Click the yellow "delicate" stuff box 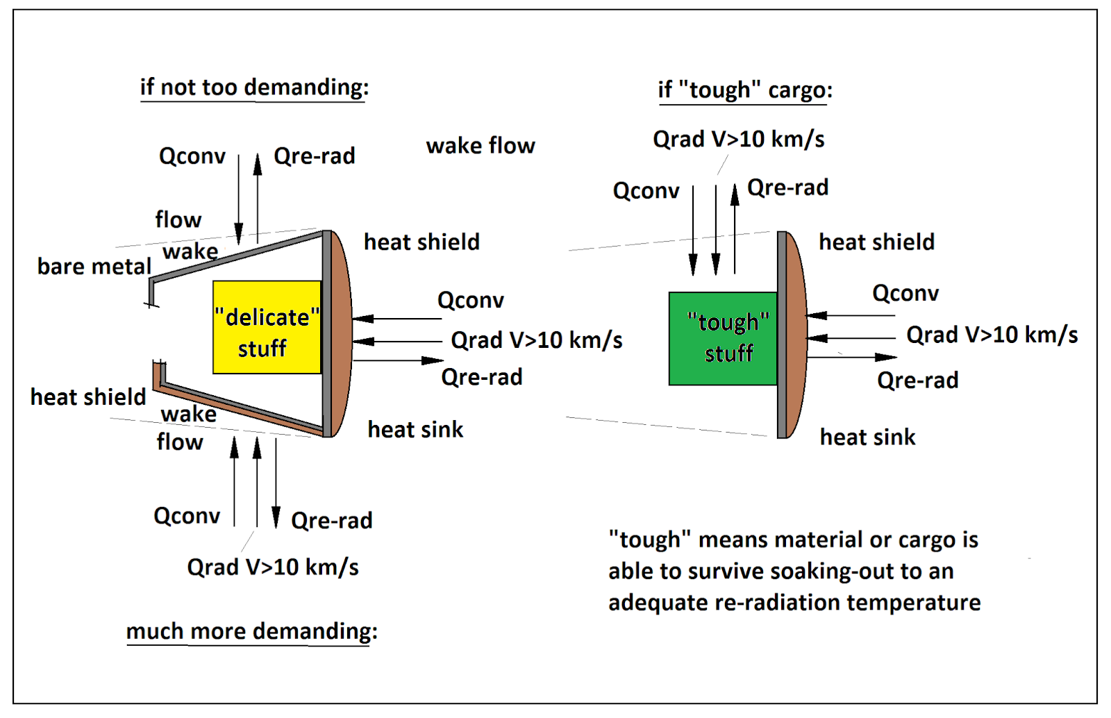267,326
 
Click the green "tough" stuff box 722,338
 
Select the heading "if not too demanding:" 254,87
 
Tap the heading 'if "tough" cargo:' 744,90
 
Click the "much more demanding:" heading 251,631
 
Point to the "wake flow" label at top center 481,146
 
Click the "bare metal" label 94,267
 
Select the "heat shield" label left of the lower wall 88,397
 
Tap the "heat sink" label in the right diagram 867,437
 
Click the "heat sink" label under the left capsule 415,430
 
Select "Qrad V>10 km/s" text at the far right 992,335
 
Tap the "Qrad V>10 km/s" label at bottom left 273,567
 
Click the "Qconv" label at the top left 192,156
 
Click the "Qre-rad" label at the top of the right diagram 787,187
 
